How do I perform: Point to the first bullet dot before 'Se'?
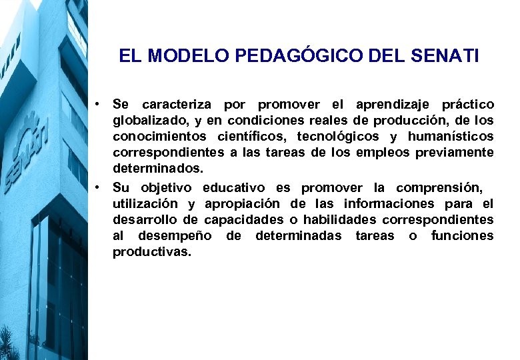(97, 104)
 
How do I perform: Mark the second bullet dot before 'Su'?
(97, 187)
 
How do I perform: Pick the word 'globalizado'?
(145, 121)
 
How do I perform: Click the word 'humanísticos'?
(451, 137)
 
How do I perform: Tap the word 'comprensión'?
(439, 188)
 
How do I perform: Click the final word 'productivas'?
(151, 252)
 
